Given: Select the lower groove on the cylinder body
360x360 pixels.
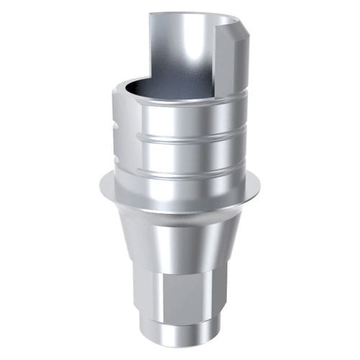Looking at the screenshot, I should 180,173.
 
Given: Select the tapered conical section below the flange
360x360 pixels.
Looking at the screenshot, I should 180,241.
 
